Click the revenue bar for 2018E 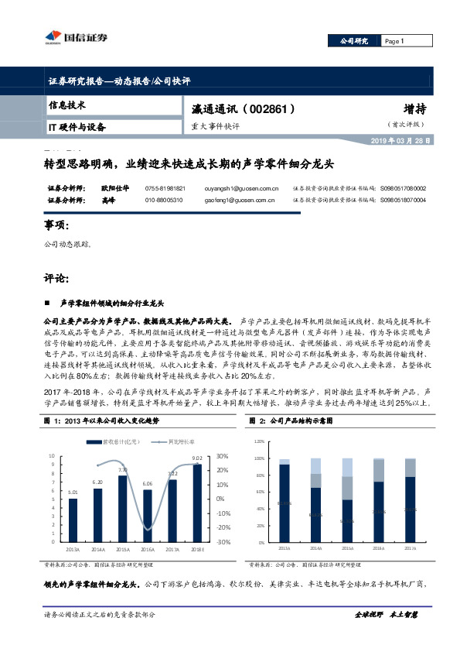[x=197, y=503]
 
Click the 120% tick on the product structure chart [x=259, y=441]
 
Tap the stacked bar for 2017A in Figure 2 [x=410, y=510]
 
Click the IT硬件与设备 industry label [x=77, y=125]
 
